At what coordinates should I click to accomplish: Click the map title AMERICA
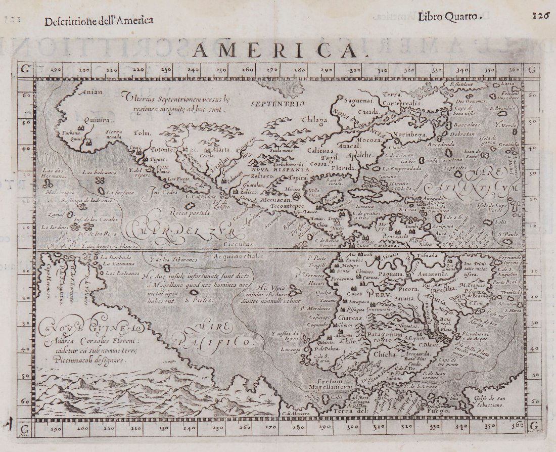point(276,51)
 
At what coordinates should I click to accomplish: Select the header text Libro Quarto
point(447,16)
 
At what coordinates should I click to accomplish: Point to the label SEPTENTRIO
point(279,103)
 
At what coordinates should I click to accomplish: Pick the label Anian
point(91,92)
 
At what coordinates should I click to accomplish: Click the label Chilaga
point(314,120)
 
